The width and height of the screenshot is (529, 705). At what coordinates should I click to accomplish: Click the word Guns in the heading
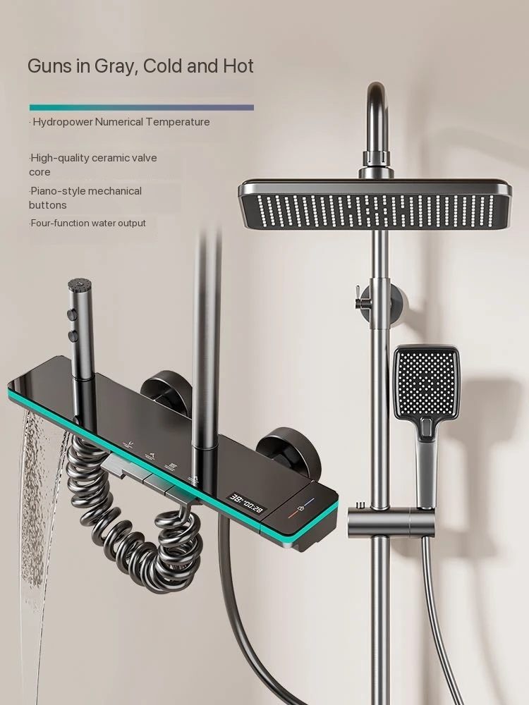(x=49, y=66)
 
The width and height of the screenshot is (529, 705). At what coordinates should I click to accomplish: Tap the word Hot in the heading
(x=238, y=66)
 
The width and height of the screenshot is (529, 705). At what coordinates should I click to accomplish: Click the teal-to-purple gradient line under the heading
(x=142, y=107)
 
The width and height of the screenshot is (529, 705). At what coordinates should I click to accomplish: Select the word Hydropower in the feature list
(x=63, y=122)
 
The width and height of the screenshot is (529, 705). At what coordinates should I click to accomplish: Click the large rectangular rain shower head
(x=375, y=204)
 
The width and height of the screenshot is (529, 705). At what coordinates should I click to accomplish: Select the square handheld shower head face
(x=425, y=381)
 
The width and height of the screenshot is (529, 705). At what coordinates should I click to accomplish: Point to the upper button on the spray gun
(x=71, y=314)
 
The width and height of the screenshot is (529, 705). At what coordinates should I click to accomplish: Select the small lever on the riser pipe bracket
(x=360, y=296)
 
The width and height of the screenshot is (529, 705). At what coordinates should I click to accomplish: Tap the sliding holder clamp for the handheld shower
(x=391, y=520)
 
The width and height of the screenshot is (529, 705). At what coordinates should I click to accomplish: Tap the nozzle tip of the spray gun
(x=80, y=284)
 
